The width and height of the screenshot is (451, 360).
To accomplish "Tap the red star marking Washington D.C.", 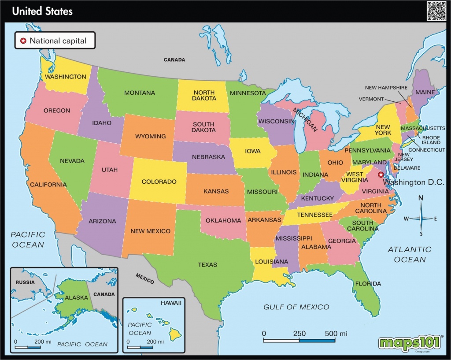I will point(381,174).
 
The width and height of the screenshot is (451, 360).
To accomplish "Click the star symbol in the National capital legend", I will point(23,41).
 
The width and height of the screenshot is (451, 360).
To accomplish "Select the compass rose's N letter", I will point(421,198).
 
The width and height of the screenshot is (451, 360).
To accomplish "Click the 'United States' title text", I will point(42,11).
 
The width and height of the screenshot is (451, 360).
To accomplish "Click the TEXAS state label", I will point(207,265).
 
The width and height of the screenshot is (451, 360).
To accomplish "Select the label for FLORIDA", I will point(368,283).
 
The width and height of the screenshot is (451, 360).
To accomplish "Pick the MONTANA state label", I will point(139,93).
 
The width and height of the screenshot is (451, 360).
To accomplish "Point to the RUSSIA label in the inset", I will point(25,282).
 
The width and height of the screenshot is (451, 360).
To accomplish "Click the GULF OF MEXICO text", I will point(296,307).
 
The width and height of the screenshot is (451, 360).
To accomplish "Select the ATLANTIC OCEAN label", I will point(410,255).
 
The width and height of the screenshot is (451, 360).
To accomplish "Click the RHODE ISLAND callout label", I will point(431,140).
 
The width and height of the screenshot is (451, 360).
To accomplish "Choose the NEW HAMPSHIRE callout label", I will point(386,88).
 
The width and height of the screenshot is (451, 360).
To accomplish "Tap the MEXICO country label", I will point(145,279).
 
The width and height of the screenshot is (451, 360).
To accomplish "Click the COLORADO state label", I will point(159,182).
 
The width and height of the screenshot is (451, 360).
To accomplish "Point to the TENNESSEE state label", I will point(314,215).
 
